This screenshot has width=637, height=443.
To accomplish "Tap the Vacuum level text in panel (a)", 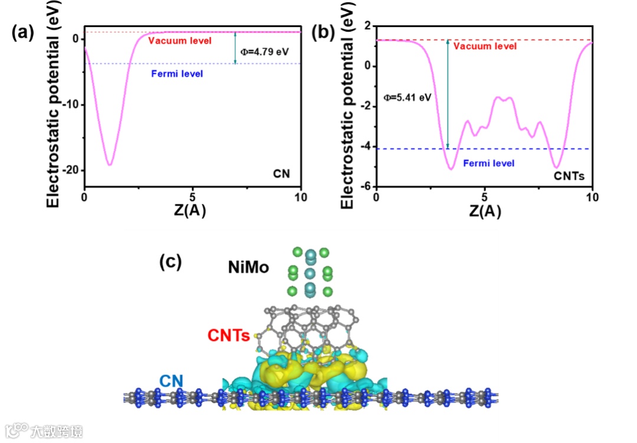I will pyautogui.click(x=180, y=41).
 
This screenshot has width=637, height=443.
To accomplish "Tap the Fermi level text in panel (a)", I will pyautogui.click(x=176, y=74).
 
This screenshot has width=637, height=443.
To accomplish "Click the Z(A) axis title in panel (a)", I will pyautogui.click(x=189, y=212).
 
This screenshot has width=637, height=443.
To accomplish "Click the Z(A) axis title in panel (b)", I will pyautogui.click(x=485, y=212).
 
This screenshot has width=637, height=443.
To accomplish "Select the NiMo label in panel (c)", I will pyautogui.click(x=249, y=268).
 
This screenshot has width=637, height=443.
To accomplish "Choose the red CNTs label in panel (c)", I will pyautogui.click(x=228, y=336).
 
